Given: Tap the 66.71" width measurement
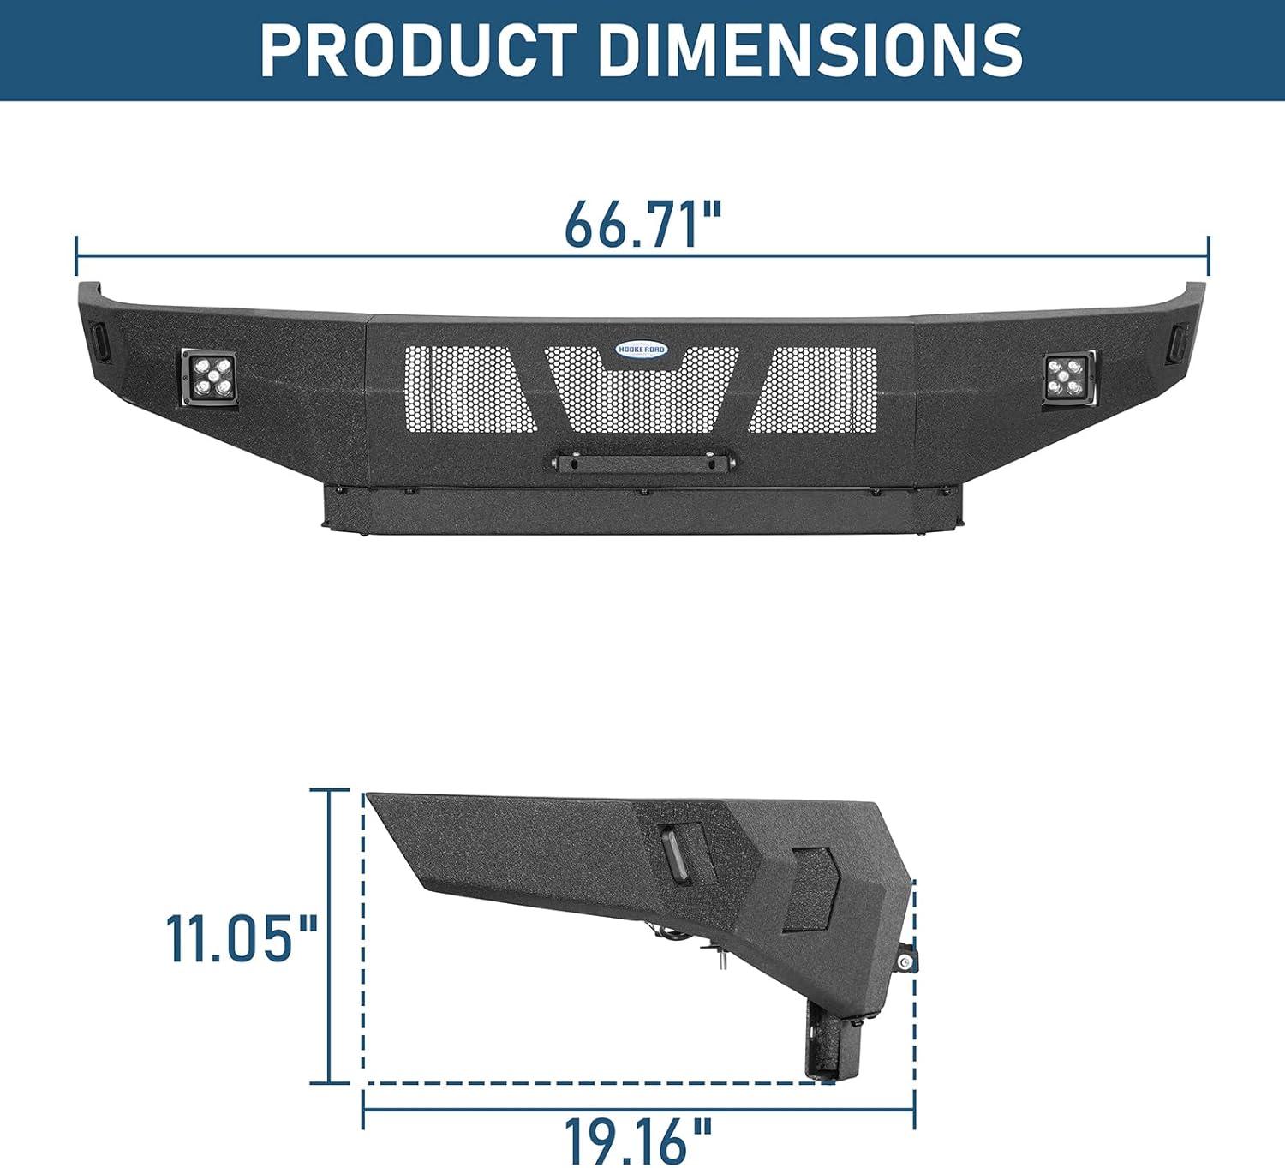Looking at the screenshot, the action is [642, 225].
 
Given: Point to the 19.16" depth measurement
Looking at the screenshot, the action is [637, 1142].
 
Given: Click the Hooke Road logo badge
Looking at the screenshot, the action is [642, 350].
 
